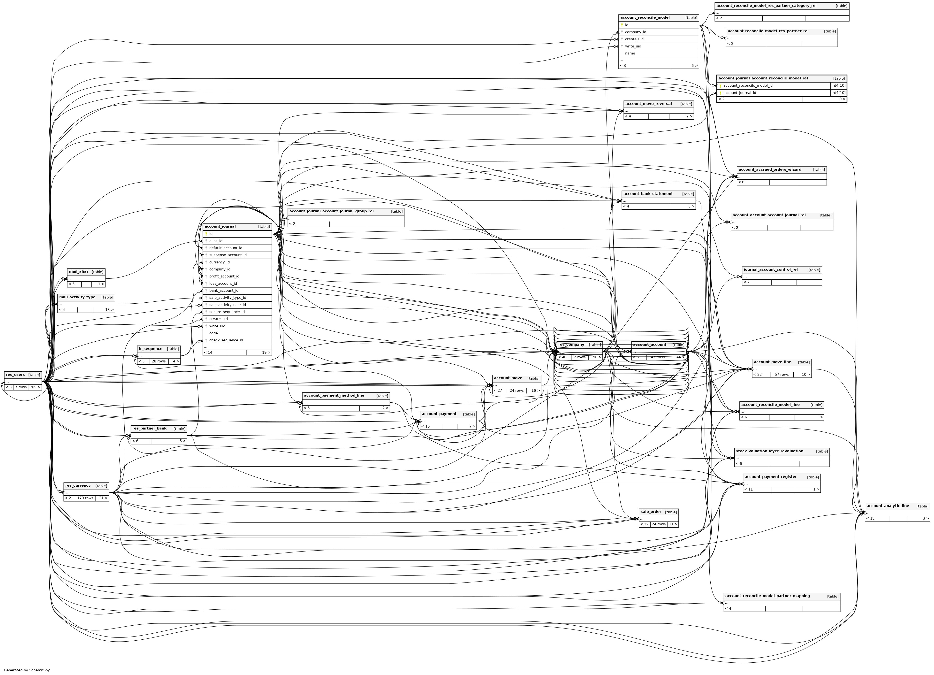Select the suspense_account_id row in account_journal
point(228,255)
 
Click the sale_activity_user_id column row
point(227,305)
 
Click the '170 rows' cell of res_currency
point(85,498)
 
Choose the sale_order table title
point(651,512)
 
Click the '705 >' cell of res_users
point(35,387)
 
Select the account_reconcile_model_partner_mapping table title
point(767,596)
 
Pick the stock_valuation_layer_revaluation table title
point(769,451)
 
